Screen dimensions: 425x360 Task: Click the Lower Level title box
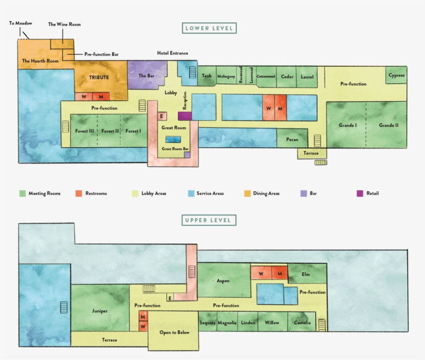point(209,28)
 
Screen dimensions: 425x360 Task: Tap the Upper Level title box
point(209,220)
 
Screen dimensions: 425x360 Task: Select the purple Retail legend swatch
point(360,193)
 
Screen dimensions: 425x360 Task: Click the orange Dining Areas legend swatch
point(247,193)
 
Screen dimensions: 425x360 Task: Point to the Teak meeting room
point(206,76)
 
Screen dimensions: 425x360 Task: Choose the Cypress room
point(396,75)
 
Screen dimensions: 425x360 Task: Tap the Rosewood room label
point(240,75)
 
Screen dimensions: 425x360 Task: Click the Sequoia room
point(208,322)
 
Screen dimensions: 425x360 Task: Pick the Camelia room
point(302,322)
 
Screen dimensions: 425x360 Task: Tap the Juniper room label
point(100,311)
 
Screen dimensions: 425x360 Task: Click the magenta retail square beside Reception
point(185,116)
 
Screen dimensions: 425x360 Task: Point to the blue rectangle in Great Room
point(173,139)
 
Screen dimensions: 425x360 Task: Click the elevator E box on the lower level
point(162,116)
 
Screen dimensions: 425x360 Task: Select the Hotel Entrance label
point(173,53)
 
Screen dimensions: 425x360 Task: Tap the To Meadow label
point(21,23)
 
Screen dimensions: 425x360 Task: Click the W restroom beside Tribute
point(83,96)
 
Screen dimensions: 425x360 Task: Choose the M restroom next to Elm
point(280,273)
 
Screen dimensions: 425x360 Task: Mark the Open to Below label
point(174,333)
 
